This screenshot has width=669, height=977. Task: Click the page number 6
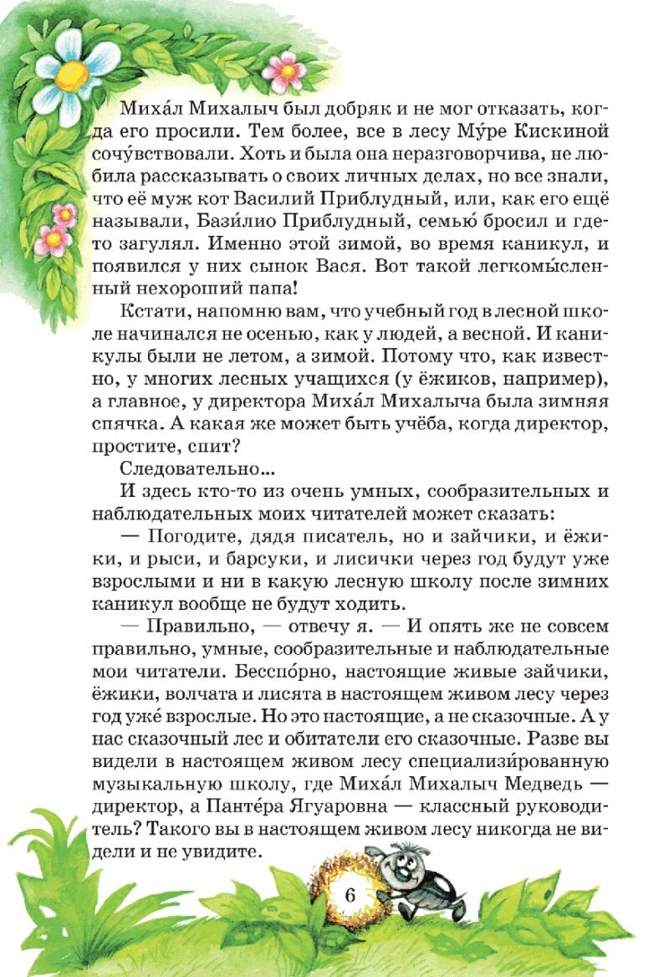click(350, 893)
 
